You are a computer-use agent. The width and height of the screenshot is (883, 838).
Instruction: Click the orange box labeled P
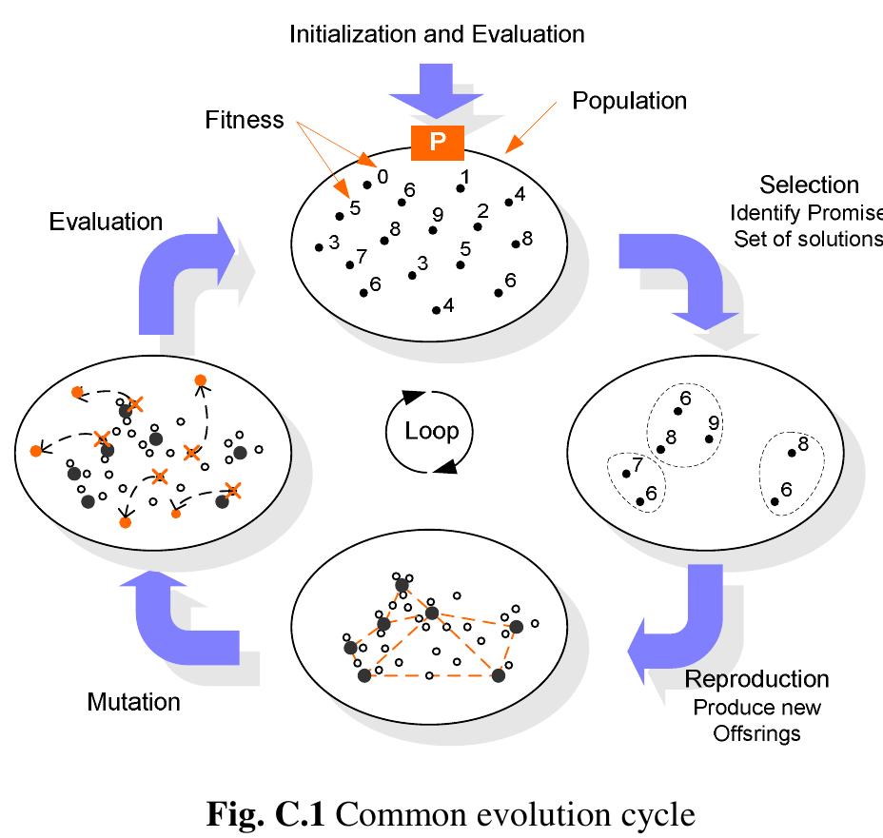[x=437, y=142]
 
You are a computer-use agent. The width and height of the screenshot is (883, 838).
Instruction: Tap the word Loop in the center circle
[x=431, y=431]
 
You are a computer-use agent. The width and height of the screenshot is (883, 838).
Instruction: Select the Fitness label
[x=245, y=120]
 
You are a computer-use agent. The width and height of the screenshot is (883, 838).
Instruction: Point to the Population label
[x=629, y=100]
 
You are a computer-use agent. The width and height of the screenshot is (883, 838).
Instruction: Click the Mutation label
[x=133, y=702]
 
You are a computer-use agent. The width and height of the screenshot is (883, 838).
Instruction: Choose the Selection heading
[x=810, y=185]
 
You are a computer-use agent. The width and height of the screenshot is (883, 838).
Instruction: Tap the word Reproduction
[x=756, y=679]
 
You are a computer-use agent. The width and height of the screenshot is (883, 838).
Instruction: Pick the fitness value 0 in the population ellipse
[x=382, y=175]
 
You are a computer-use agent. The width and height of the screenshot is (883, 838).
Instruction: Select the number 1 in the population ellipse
[x=465, y=176]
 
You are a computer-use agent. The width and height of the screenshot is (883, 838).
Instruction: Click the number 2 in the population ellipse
[x=482, y=210]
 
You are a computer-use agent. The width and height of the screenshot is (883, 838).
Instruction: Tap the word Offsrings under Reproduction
[x=756, y=734]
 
